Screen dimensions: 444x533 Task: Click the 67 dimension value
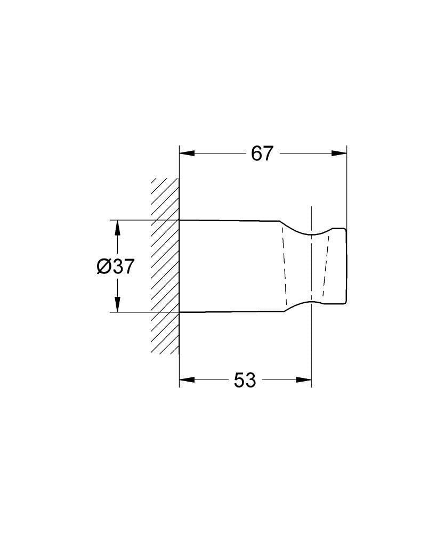pos(262,154)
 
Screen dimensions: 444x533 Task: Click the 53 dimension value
pos(245,380)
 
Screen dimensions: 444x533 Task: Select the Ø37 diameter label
pos(116,266)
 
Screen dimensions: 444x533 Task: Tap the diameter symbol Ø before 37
pos(104,266)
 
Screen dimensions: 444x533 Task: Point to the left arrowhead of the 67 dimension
pos(187,154)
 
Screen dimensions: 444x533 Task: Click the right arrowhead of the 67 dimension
pos(339,154)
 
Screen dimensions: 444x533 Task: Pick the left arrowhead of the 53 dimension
pos(187,379)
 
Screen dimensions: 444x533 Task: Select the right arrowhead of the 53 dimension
pos(304,379)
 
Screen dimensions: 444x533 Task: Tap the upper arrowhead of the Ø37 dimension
pos(117,228)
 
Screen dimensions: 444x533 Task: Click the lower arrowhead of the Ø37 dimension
pos(117,304)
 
